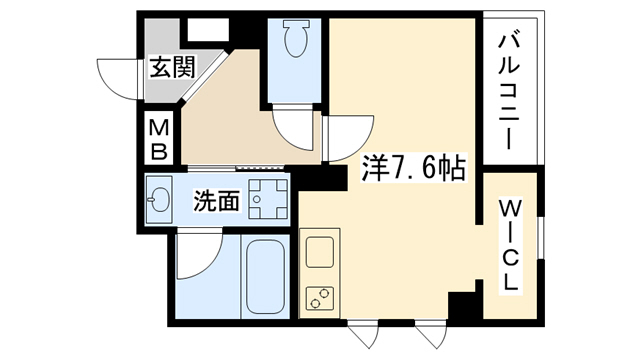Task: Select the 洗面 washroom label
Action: click(217, 201)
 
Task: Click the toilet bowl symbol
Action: click(296, 41)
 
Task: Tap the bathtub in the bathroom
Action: click(266, 275)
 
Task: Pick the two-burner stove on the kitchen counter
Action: click(321, 298)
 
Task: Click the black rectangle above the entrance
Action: click(209, 28)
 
